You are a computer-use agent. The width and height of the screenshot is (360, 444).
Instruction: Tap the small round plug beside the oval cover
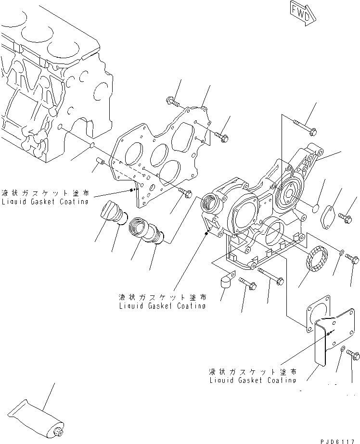(x=315, y=208)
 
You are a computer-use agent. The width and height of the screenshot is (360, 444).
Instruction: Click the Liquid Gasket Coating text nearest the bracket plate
(x=253, y=376)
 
